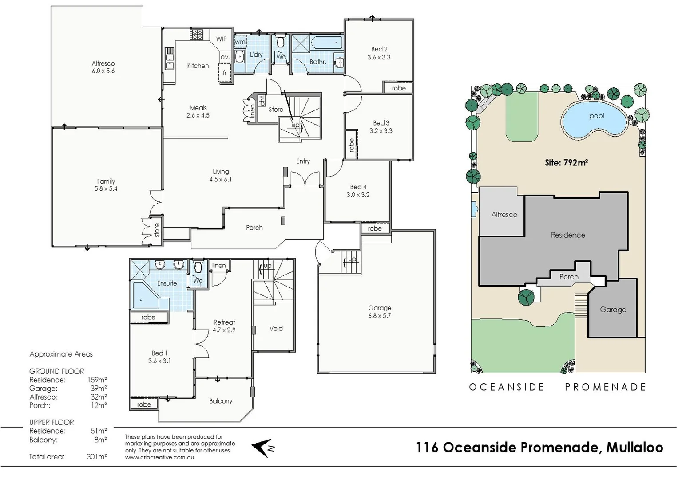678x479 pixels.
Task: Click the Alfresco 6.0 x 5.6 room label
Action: pos(103,67)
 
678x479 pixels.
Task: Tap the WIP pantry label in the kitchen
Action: pos(221,39)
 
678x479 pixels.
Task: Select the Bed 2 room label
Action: pos(379,53)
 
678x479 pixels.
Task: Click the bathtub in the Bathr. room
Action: pos(326,43)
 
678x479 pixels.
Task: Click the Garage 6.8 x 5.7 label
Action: pos(380,312)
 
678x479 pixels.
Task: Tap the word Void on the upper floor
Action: pos(276,328)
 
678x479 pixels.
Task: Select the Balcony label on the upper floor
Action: pos(221,401)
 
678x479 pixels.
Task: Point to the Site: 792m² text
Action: pos(566,163)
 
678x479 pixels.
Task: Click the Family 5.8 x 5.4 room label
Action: pos(106,185)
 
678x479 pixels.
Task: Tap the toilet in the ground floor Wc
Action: pos(281,43)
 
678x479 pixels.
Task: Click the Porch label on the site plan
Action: pos(569,277)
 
